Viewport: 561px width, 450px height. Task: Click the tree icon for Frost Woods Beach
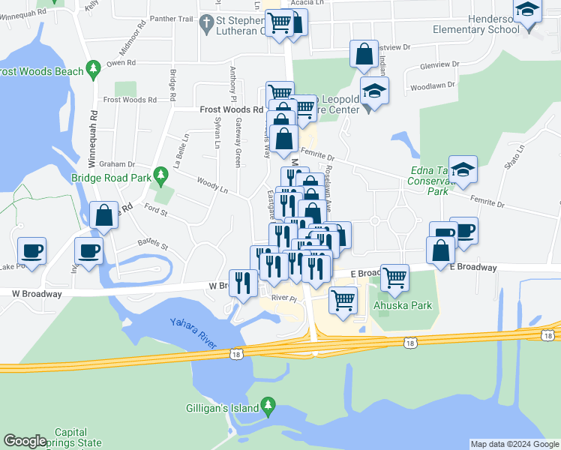click(x=93, y=70)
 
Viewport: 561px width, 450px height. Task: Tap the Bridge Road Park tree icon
click(x=160, y=177)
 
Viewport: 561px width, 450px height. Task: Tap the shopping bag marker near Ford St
click(x=104, y=215)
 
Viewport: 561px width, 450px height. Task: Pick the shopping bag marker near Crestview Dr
click(x=364, y=55)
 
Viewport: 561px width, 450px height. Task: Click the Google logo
click(x=25, y=441)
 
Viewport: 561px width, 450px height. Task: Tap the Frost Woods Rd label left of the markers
click(x=231, y=109)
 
